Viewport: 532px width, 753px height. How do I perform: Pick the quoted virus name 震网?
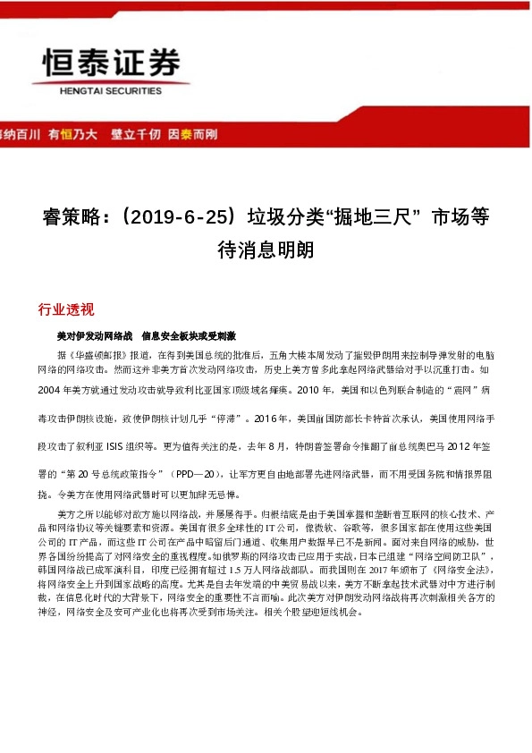point(454,392)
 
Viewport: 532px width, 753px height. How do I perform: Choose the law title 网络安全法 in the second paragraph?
point(463,570)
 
